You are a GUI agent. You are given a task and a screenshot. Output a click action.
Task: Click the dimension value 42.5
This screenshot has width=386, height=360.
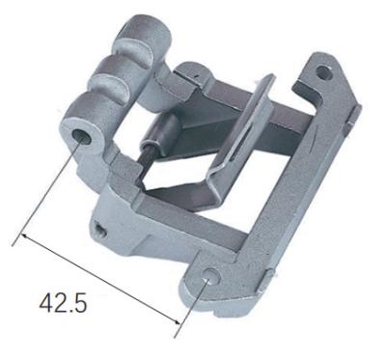[63, 303]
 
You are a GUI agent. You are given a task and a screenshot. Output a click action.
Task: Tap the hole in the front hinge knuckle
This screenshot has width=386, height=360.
[82, 137]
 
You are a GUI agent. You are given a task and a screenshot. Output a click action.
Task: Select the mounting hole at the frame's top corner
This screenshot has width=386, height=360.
[323, 72]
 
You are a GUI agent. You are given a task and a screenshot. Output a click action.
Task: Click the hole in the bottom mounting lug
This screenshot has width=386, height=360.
[212, 276]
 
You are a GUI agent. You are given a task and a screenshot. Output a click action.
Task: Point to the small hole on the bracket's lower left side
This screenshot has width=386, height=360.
[100, 231]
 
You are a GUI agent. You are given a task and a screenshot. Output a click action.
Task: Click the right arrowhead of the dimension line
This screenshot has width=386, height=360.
[176, 320]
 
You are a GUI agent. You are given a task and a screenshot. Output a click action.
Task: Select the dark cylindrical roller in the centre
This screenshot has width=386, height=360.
[160, 134]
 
